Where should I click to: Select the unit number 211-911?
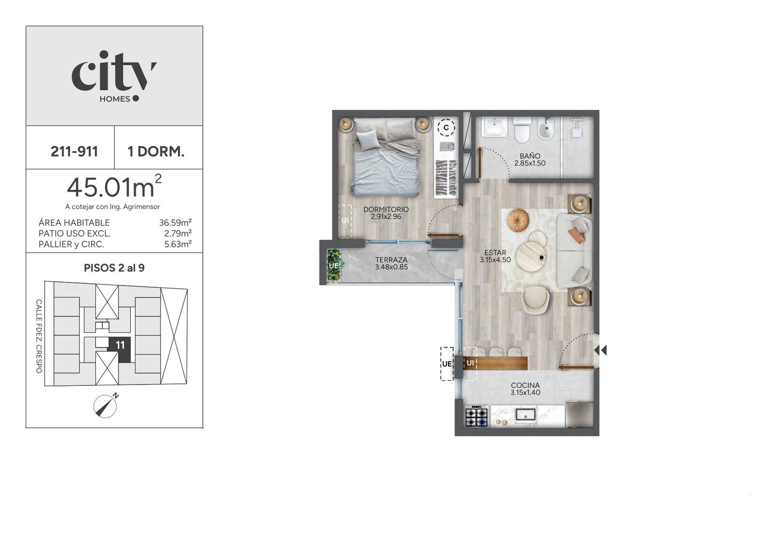coord(74,151)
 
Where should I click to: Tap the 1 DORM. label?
coord(156,151)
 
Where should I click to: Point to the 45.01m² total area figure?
coord(114,186)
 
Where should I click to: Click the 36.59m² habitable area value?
coord(175,222)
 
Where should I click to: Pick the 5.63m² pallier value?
coord(178,244)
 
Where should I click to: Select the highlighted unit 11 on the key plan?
coord(120,349)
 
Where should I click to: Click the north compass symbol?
coord(106,406)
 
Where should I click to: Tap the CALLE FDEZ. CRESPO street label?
coord(39,336)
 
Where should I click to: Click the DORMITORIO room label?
coord(386,209)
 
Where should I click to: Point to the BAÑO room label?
coord(530,156)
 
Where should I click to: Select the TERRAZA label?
coord(391,260)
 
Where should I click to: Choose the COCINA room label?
coord(525,385)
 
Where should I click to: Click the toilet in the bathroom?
coord(522,131)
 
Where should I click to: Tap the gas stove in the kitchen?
coord(477,417)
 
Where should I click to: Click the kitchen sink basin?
coord(525,414)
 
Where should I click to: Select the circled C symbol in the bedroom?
coord(446,128)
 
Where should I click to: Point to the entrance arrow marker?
coord(600,350)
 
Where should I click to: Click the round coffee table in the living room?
coord(530,256)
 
